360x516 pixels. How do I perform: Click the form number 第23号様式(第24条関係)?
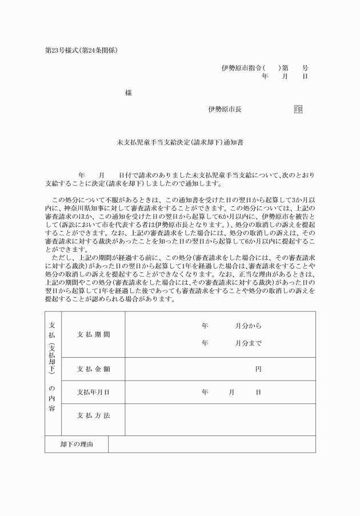point(81,50)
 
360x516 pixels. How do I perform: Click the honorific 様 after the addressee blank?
point(128,93)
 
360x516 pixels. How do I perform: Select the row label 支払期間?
point(93,334)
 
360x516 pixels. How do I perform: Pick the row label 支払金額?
point(93,369)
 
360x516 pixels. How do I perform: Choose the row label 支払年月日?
point(93,393)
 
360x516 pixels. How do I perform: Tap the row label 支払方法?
point(93,415)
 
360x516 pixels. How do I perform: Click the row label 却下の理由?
point(77,444)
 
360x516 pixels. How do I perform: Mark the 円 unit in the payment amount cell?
point(258,369)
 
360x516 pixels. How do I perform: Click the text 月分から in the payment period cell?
point(249,326)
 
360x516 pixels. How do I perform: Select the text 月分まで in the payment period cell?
point(249,344)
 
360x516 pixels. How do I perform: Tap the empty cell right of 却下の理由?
point(211,444)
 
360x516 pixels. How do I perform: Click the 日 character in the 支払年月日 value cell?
point(258,393)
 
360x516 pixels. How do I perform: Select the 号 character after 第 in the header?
point(305,67)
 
